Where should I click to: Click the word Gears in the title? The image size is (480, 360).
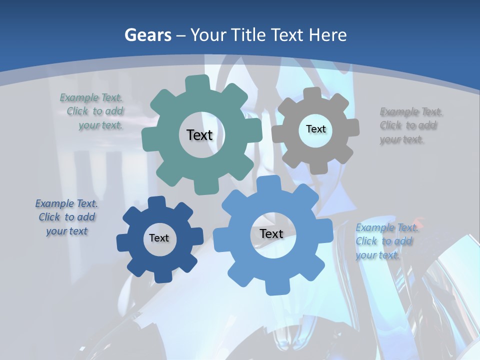[148, 35]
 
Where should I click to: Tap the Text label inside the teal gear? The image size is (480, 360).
[199, 135]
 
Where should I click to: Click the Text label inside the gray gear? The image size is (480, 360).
[315, 129]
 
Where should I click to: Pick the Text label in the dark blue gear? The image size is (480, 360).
[159, 238]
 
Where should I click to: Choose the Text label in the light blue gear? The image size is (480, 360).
[271, 233]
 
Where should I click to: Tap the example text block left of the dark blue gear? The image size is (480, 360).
[66, 217]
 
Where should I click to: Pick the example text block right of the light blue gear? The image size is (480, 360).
[385, 241]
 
